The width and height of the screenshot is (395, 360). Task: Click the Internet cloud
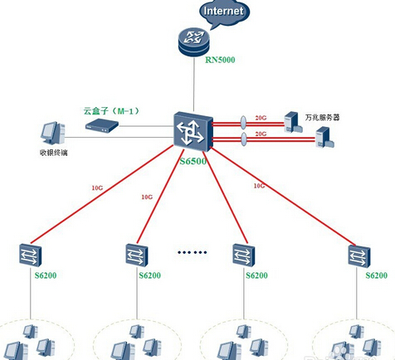click(x=224, y=12)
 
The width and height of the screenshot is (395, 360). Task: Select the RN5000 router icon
click(x=193, y=42)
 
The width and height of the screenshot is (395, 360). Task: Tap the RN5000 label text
click(x=220, y=60)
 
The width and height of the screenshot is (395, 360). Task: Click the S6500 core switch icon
click(x=193, y=132)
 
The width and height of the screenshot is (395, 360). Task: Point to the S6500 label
click(x=193, y=161)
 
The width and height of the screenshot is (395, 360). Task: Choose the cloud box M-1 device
click(x=102, y=124)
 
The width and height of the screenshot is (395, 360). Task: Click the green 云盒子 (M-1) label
click(x=111, y=111)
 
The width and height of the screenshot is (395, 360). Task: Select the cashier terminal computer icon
click(x=53, y=133)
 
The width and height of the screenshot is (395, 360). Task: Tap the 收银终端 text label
click(x=54, y=153)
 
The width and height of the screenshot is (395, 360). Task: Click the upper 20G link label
click(x=261, y=118)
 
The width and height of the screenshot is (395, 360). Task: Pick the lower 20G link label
click(x=261, y=134)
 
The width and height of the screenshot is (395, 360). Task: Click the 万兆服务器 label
click(x=322, y=118)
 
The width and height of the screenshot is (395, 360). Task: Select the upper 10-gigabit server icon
click(x=293, y=122)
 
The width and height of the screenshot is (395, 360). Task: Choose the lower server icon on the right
click(x=324, y=137)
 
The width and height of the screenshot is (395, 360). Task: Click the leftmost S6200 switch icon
click(x=31, y=255)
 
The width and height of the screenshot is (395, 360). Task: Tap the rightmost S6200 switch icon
click(x=359, y=256)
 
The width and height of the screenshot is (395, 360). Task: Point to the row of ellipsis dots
click(x=192, y=252)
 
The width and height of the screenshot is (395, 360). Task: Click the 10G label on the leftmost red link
click(x=97, y=188)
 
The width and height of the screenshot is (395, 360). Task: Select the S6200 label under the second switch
click(x=149, y=275)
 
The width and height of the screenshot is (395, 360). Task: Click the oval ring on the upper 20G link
click(x=243, y=123)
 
